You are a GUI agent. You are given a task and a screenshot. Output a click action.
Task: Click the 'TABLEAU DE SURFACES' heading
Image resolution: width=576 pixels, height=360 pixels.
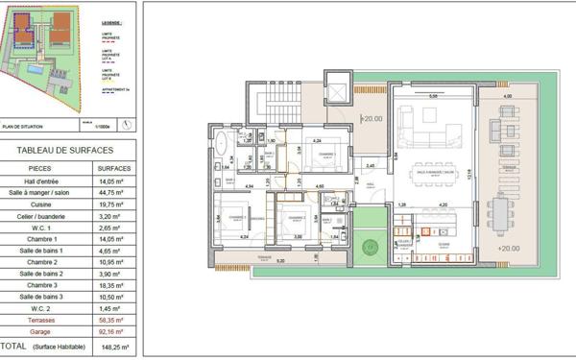(65, 149)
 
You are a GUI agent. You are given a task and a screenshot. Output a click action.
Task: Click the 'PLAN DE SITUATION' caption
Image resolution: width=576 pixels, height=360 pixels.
(28, 125)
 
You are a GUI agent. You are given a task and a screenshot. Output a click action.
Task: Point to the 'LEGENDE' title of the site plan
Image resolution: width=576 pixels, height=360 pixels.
(110, 22)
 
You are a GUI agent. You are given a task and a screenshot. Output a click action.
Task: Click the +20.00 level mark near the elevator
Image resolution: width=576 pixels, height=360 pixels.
(371, 119)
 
